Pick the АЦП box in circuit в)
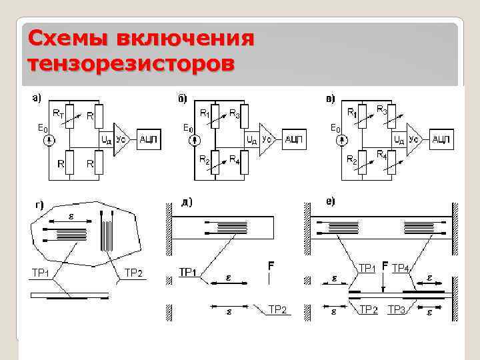point(442,139)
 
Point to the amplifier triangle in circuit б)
point(267,139)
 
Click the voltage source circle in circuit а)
point(49,141)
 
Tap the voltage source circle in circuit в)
point(342,141)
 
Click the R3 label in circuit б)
point(235,113)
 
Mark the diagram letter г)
point(39,205)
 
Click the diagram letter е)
point(330,201)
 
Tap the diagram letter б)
point(182,99)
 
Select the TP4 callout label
point(401,267)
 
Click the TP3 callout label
point(397,309)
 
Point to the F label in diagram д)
point(271,266)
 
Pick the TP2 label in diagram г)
point(133,272)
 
